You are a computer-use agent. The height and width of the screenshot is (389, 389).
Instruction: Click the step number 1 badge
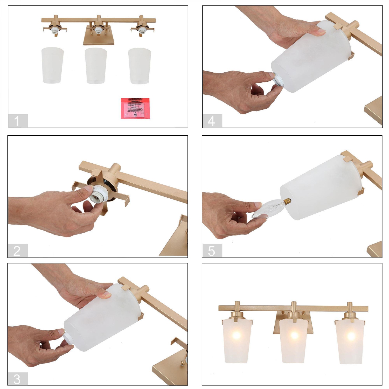17,121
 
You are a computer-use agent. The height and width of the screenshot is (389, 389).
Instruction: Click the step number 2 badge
17,251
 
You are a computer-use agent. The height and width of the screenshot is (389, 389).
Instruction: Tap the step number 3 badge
17,379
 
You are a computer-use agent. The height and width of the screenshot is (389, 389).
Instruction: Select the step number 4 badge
212,121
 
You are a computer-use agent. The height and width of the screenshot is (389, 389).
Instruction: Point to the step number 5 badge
212,251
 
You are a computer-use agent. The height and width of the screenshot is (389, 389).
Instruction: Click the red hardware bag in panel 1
135,108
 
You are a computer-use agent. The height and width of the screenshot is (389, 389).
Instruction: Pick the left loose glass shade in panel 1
52,65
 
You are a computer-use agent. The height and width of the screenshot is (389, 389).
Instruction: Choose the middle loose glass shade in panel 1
96,66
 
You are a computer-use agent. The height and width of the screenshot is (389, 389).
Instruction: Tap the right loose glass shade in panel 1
140,66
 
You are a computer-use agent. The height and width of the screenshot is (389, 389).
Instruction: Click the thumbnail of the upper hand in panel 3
107,294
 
